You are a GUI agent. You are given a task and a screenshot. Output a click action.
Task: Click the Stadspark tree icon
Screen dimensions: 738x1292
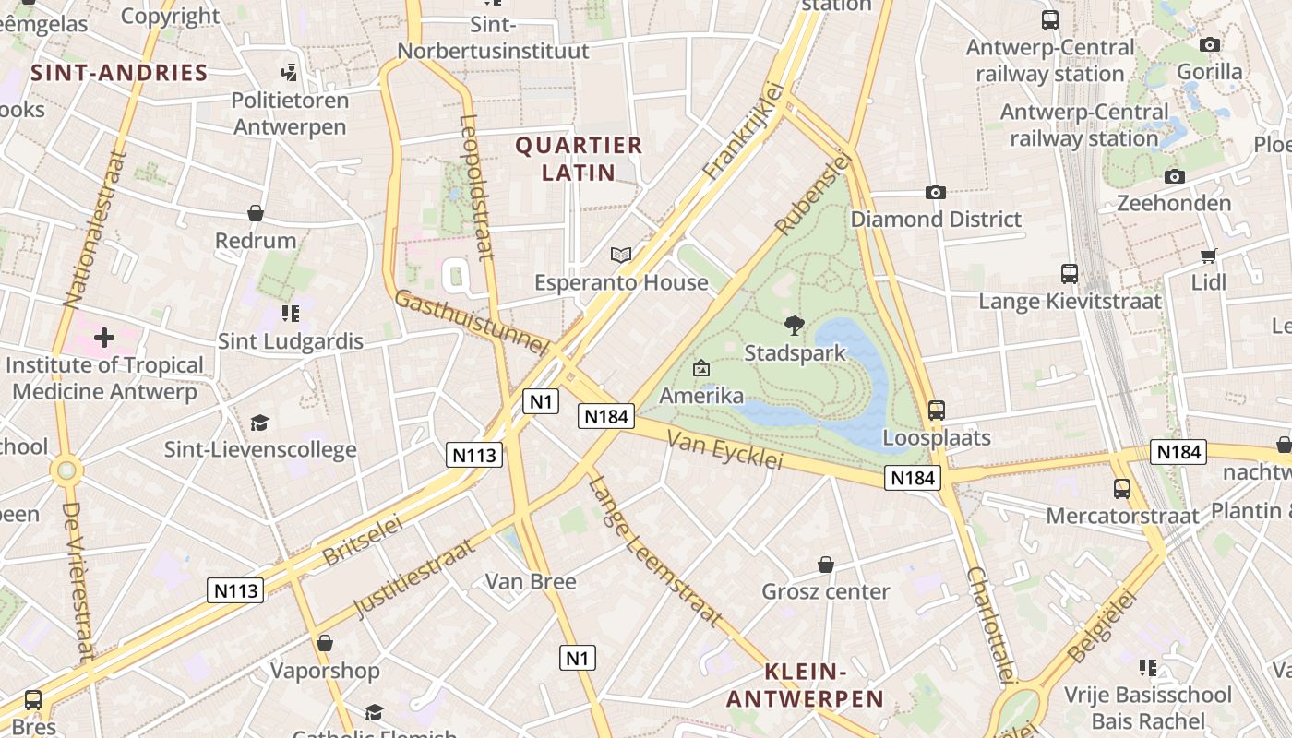point(794,325)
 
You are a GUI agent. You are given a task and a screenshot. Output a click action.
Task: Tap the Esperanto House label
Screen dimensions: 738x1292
point(621,282)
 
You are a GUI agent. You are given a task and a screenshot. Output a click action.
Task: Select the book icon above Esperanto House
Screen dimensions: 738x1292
point(621,255)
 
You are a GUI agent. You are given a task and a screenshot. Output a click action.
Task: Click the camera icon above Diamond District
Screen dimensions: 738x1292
point(936,192)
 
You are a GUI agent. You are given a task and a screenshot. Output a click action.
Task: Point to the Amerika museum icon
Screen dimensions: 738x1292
point(701,369)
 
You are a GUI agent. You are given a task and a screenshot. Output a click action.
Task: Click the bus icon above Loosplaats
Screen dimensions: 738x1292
point(937,410)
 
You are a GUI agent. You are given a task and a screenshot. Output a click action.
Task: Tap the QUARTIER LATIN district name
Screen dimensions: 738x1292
point(579,159)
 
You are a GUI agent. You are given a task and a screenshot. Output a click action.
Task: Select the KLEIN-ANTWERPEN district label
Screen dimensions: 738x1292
point(805,685)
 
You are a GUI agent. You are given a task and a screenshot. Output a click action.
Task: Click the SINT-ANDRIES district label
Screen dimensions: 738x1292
point(119,73)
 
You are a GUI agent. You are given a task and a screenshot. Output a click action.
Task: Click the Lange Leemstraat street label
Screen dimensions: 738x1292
point(654,551)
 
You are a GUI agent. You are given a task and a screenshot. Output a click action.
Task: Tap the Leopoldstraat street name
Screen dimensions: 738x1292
point(476,186)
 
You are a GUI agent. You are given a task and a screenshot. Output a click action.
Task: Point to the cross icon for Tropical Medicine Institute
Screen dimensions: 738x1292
point(104,338)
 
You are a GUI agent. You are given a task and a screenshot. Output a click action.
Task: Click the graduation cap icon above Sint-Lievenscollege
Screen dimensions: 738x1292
point(259,423)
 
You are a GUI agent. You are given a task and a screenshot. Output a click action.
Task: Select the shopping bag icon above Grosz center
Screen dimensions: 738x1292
point(826,565)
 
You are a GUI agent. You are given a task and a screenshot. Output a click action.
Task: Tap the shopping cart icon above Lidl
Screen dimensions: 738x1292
point(1209,256)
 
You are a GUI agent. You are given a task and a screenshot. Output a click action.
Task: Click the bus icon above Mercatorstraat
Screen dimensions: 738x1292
point(1122,489)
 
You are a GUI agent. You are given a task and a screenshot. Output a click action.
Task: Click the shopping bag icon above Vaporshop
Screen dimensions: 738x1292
point(324,643)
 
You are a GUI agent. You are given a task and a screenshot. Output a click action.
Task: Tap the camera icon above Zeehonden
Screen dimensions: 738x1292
point(1174,176)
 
